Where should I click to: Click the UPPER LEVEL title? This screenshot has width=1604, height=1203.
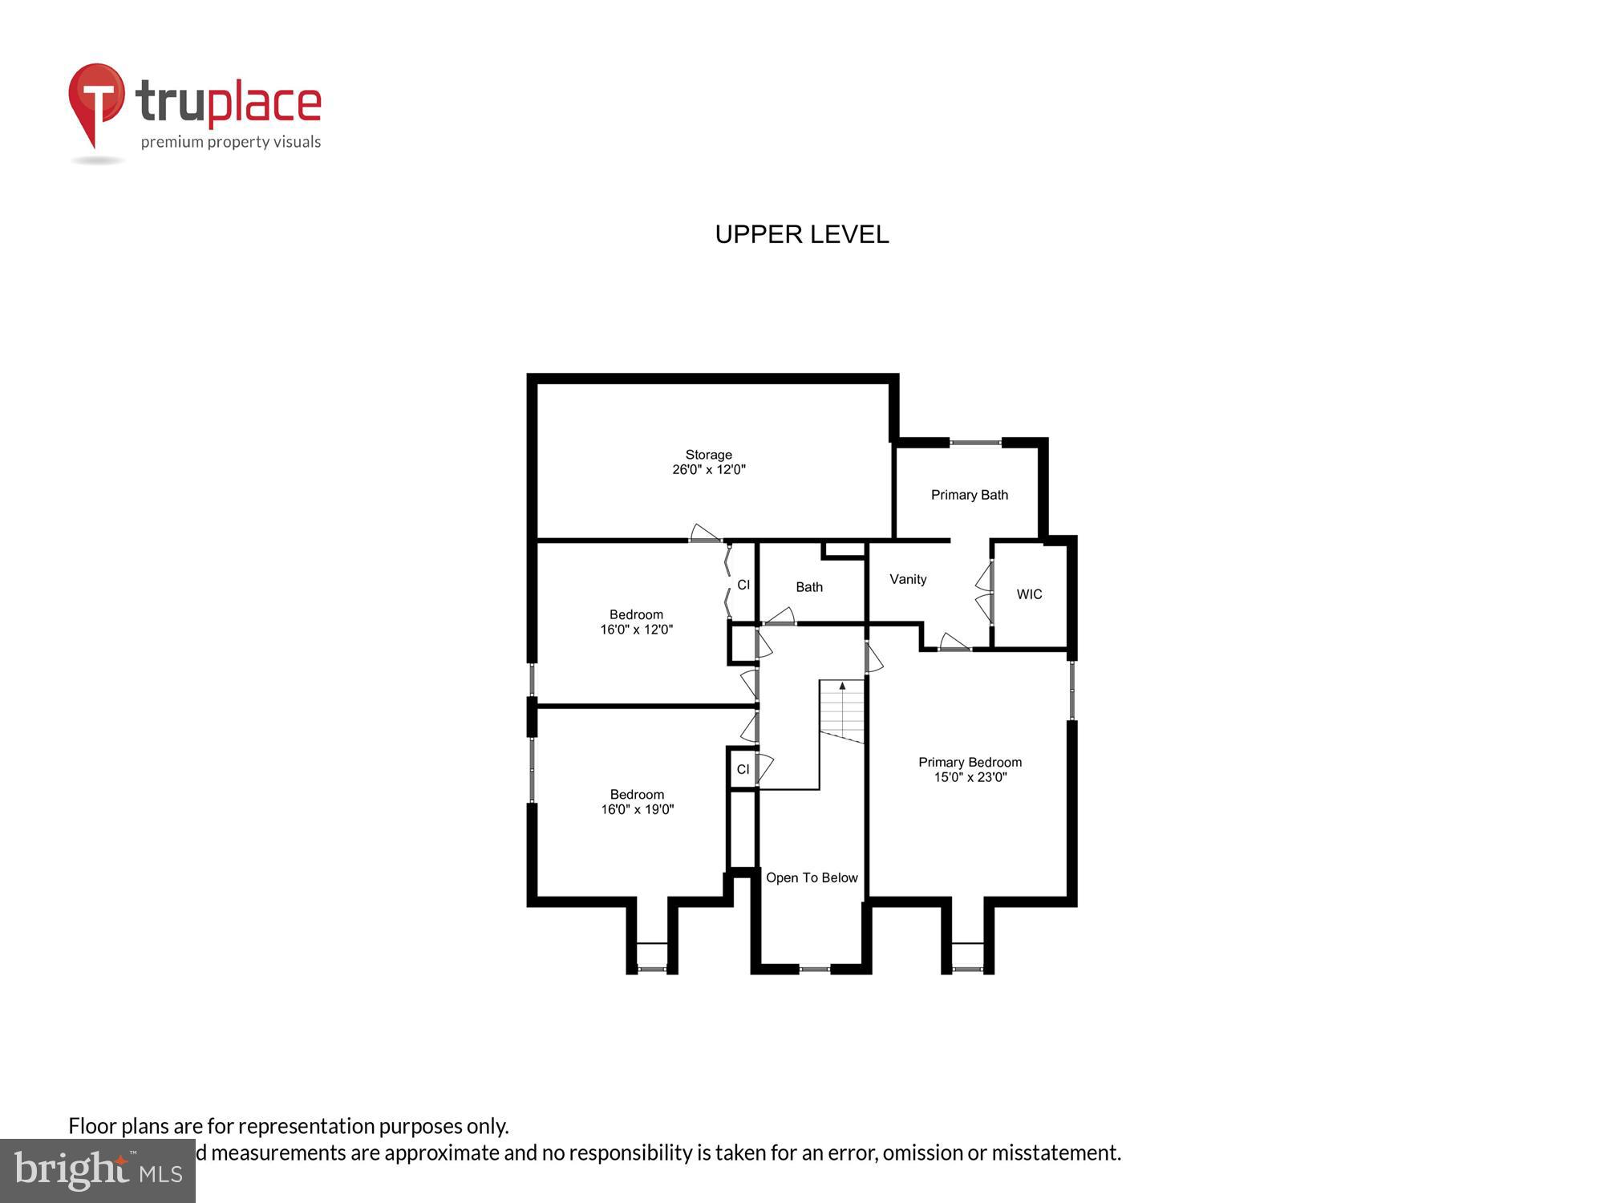(801, 234)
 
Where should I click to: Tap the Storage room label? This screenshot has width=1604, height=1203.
(708, 455)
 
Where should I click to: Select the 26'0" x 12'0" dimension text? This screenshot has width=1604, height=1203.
(708, 470)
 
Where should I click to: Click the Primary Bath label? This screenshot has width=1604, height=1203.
(969, 495)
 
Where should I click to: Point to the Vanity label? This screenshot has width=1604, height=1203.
(908, 579)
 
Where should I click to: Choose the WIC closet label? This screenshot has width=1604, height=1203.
(1029, 594)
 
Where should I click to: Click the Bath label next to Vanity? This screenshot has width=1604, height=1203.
(808, 587)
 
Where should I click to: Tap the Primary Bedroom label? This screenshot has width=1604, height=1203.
(970, 762)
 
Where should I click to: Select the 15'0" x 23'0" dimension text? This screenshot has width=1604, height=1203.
(970, 777)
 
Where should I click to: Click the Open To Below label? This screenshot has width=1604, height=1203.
(812, 877)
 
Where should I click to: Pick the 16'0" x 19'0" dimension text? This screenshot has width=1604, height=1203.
(637, 810)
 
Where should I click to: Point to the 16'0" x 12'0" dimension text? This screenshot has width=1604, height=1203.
(636, 630)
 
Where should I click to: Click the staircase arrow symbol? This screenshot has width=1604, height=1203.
(842, 687)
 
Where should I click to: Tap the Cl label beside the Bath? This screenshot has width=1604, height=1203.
(743, 585)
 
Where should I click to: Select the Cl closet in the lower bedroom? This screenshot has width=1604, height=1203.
(743, 769)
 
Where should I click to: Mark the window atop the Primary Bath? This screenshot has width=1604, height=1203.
(975, 442)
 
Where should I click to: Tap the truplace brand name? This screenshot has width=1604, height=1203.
(229, 103)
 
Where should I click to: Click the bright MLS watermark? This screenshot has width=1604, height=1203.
(98, 1172)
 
